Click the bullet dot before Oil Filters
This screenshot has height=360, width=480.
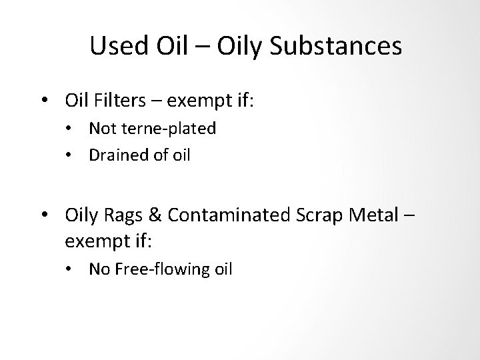click(43, 101)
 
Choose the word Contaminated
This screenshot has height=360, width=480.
click(231, 216)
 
